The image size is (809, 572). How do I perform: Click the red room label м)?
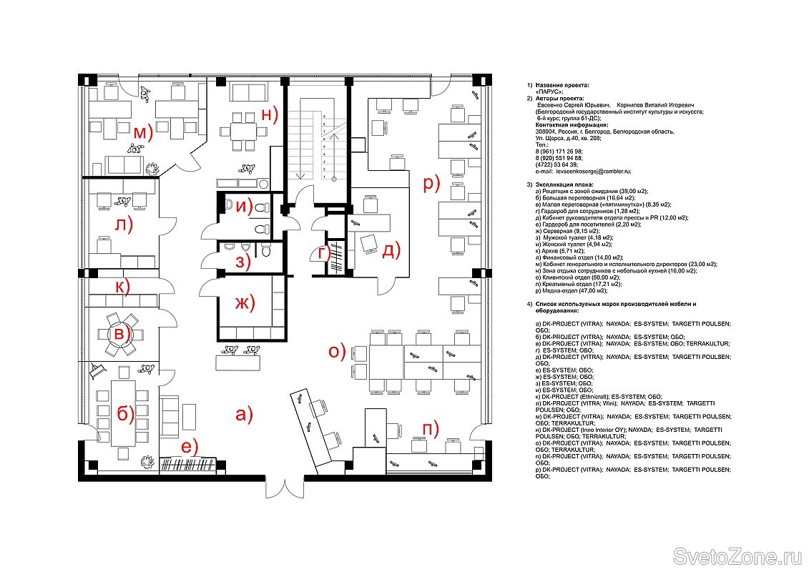142,132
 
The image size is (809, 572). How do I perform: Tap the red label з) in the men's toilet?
244,262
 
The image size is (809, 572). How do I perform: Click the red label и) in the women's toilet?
245,208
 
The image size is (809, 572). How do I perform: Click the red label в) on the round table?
123,333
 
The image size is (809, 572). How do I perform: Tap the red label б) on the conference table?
125,414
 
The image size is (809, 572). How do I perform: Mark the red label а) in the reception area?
244,414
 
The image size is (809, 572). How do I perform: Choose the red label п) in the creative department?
431,429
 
